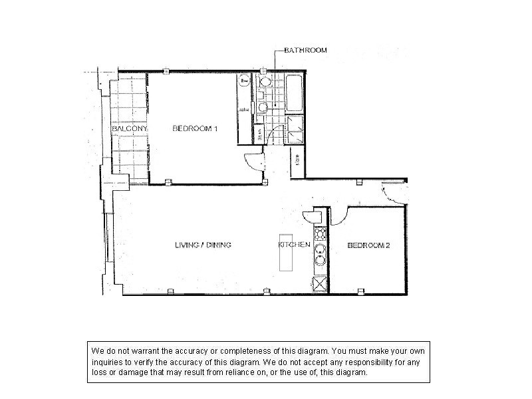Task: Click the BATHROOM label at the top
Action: coord(305,51)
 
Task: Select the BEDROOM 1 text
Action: coord(195,128)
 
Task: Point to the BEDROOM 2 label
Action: coord(368,245)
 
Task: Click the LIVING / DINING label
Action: coord(203,245)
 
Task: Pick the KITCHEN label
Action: coord(294,245)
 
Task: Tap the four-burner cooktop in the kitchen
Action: coord(320,233)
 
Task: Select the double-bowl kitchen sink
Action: coord(320,256)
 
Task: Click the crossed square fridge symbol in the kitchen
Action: coord(320,284)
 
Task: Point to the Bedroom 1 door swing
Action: coord(253,162)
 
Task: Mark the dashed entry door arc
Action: coord(392,195)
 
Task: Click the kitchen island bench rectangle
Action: coord(287,252)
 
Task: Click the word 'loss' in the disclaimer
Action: coord(98,372)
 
